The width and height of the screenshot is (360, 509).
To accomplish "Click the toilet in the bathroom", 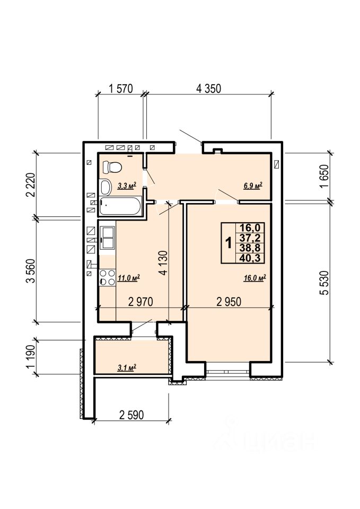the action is coord(112,168).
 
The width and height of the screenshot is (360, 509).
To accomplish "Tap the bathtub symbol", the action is coord(121,206).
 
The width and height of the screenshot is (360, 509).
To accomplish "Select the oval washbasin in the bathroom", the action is coord(106,187).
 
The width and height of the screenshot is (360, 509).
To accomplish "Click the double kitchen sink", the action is coord(108,238).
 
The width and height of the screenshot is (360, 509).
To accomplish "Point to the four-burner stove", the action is coord(108,277).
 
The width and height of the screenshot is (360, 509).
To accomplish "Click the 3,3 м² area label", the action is coord(127,186).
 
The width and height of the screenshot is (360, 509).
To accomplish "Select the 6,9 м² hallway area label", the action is coord(253,186).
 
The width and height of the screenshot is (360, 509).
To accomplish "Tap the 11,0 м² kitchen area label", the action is coord(129,278).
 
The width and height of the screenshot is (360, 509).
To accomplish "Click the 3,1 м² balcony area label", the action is coord(127,367).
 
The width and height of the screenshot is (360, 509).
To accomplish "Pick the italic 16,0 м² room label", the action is coord(255,278).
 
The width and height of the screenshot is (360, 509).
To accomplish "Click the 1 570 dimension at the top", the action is coord(121,89).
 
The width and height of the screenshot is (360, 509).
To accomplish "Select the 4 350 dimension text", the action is coord(208,89).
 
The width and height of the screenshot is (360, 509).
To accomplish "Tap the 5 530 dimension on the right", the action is coord(325,283).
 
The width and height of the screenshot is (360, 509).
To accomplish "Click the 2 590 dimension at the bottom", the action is coord(131,415).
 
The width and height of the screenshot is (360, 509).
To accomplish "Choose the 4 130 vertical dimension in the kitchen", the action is coord(164,263).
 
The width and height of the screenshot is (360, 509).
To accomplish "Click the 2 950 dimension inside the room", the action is coord(229,302).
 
